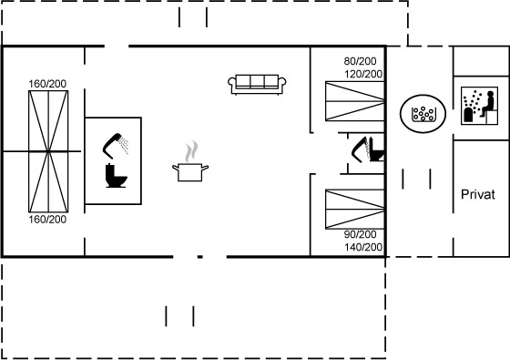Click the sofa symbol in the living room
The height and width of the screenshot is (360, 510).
click(x=257, y=84)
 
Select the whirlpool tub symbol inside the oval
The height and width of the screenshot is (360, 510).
click(x=423, y=114)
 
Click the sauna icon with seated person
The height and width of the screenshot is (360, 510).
click(x=479, y=106)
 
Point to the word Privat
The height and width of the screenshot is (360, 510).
click(x=478, y=194)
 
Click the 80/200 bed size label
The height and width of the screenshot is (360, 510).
click(x=360, y=61)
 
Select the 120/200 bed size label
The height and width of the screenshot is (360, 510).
click(x=363, y=74)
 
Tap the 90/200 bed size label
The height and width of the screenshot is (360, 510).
click(x=360, y=234)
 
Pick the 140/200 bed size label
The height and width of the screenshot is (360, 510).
click(x=363, y=247)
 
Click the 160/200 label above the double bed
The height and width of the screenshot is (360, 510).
click(x=47, y=84)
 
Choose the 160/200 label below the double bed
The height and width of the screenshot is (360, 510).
click(x=47, y=220)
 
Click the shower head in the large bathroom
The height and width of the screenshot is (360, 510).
click(x=115, y=146)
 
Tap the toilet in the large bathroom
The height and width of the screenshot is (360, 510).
click(x=117, y=176)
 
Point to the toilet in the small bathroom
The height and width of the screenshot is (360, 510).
click(x=377, y=150)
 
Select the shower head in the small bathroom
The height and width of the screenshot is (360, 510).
click(x=360, y=149)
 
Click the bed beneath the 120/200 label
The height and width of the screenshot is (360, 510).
click(x=355, y=101)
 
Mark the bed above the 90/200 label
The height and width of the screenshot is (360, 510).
click(x=355, y=209)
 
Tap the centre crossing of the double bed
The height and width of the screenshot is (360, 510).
click(x=48, y=151)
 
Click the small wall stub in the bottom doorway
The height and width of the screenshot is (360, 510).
click(x=200, y=257)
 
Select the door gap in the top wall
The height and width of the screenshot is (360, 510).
click(x=117, y=46)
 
